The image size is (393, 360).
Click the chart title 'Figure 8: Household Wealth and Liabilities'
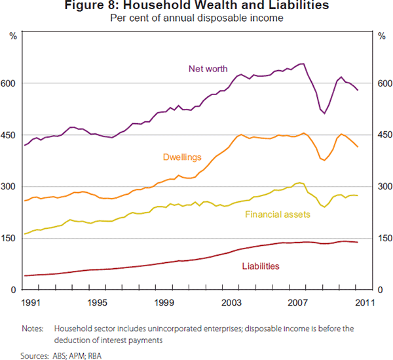pyautogui.click(x=196, y=7)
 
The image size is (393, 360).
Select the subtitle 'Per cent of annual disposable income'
pyautogui.click(x=196, y=18)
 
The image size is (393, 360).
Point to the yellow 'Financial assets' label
pyautogui.click(x=277, y=214)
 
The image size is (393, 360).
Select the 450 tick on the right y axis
pyautogui.click(x=381, y=135)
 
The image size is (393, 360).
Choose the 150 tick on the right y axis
pyautogui.click(x=381, y=238)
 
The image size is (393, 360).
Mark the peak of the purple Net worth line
pyautogui.click(x=302, y=64)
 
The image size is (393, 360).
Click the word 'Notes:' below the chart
pyautogui.click(x=32, y=328)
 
